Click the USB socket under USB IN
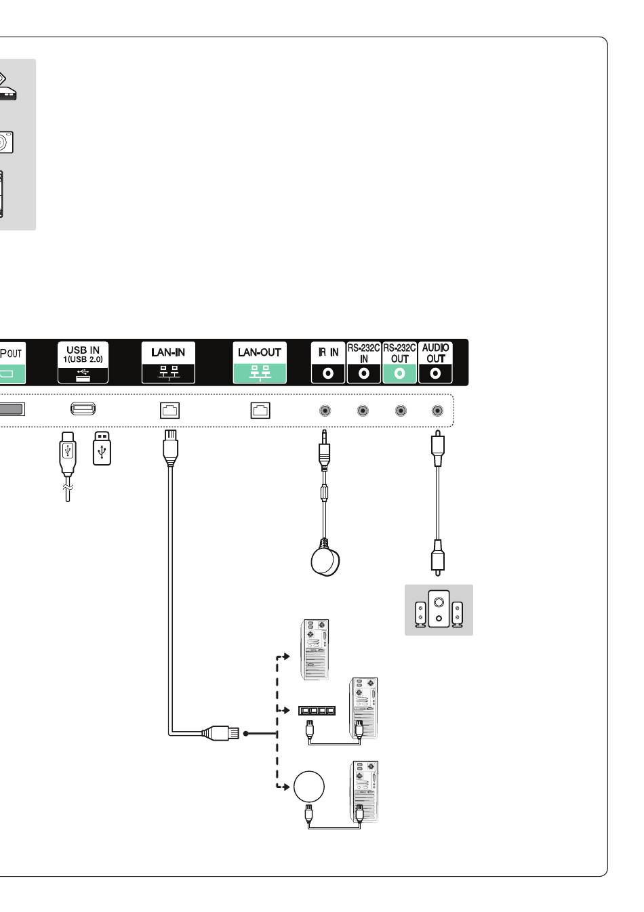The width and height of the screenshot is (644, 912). [83, 409]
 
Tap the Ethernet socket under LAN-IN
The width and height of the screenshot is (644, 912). [169, 410]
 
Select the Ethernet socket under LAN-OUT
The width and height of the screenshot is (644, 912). [260, 410]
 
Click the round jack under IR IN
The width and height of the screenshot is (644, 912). [326, 411]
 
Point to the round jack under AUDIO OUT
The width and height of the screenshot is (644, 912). [438, 411]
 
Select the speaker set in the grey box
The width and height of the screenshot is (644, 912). [439, 610]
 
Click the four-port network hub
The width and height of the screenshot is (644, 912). [317, 711]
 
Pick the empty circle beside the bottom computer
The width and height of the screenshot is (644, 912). [309, 787]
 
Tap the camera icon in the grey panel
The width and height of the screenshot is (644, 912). [5, 142]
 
